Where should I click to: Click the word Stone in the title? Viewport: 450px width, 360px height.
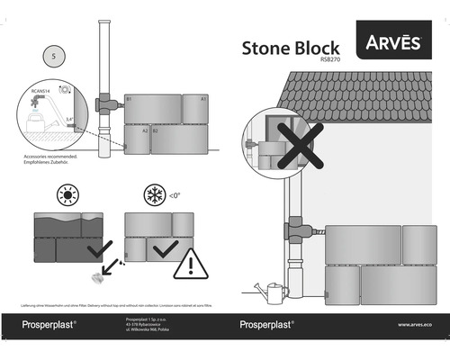click(x=266, y=49)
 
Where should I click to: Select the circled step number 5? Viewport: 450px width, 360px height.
click(x=55, y=55)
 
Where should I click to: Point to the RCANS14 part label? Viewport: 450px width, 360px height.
click(x=41, y=90)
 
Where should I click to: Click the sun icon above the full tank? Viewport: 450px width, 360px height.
click(x=67, y=195)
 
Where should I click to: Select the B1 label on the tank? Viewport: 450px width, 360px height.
click(x=130, y=97)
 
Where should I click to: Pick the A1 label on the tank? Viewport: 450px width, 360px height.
click(x=203, y=97)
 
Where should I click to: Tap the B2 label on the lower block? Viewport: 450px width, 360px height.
click(x=155, y=131)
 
